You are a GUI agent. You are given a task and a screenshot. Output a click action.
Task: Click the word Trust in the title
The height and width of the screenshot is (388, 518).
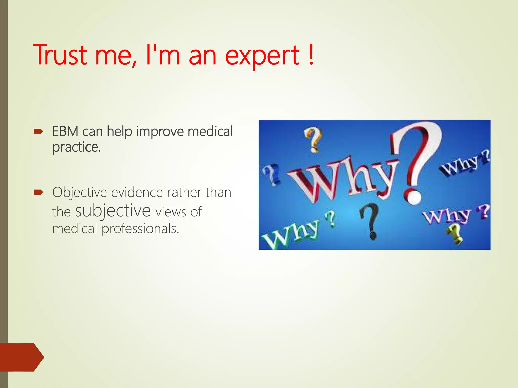click(x=60, y=55)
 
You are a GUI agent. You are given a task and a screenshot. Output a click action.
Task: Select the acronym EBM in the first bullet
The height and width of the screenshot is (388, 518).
click(x=65, y=131)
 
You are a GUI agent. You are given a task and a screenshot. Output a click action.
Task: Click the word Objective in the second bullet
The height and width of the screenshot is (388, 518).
click(x=79, y=192)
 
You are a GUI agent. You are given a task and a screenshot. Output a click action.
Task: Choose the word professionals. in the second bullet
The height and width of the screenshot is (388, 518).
click(x=140, y=229)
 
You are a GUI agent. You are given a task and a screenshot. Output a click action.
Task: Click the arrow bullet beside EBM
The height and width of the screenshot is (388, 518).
click(x=38, y=131)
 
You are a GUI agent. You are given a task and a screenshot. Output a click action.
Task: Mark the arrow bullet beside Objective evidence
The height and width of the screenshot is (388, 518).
click(x=38, y=192)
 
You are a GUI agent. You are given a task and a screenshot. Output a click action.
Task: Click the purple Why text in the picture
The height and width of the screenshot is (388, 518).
click(x=446, y=216)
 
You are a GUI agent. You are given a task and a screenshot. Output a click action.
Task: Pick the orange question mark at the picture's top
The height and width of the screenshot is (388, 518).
click(x=313, y=139)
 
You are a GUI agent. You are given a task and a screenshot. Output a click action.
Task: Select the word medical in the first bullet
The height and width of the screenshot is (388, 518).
click(x=210, y=131)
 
